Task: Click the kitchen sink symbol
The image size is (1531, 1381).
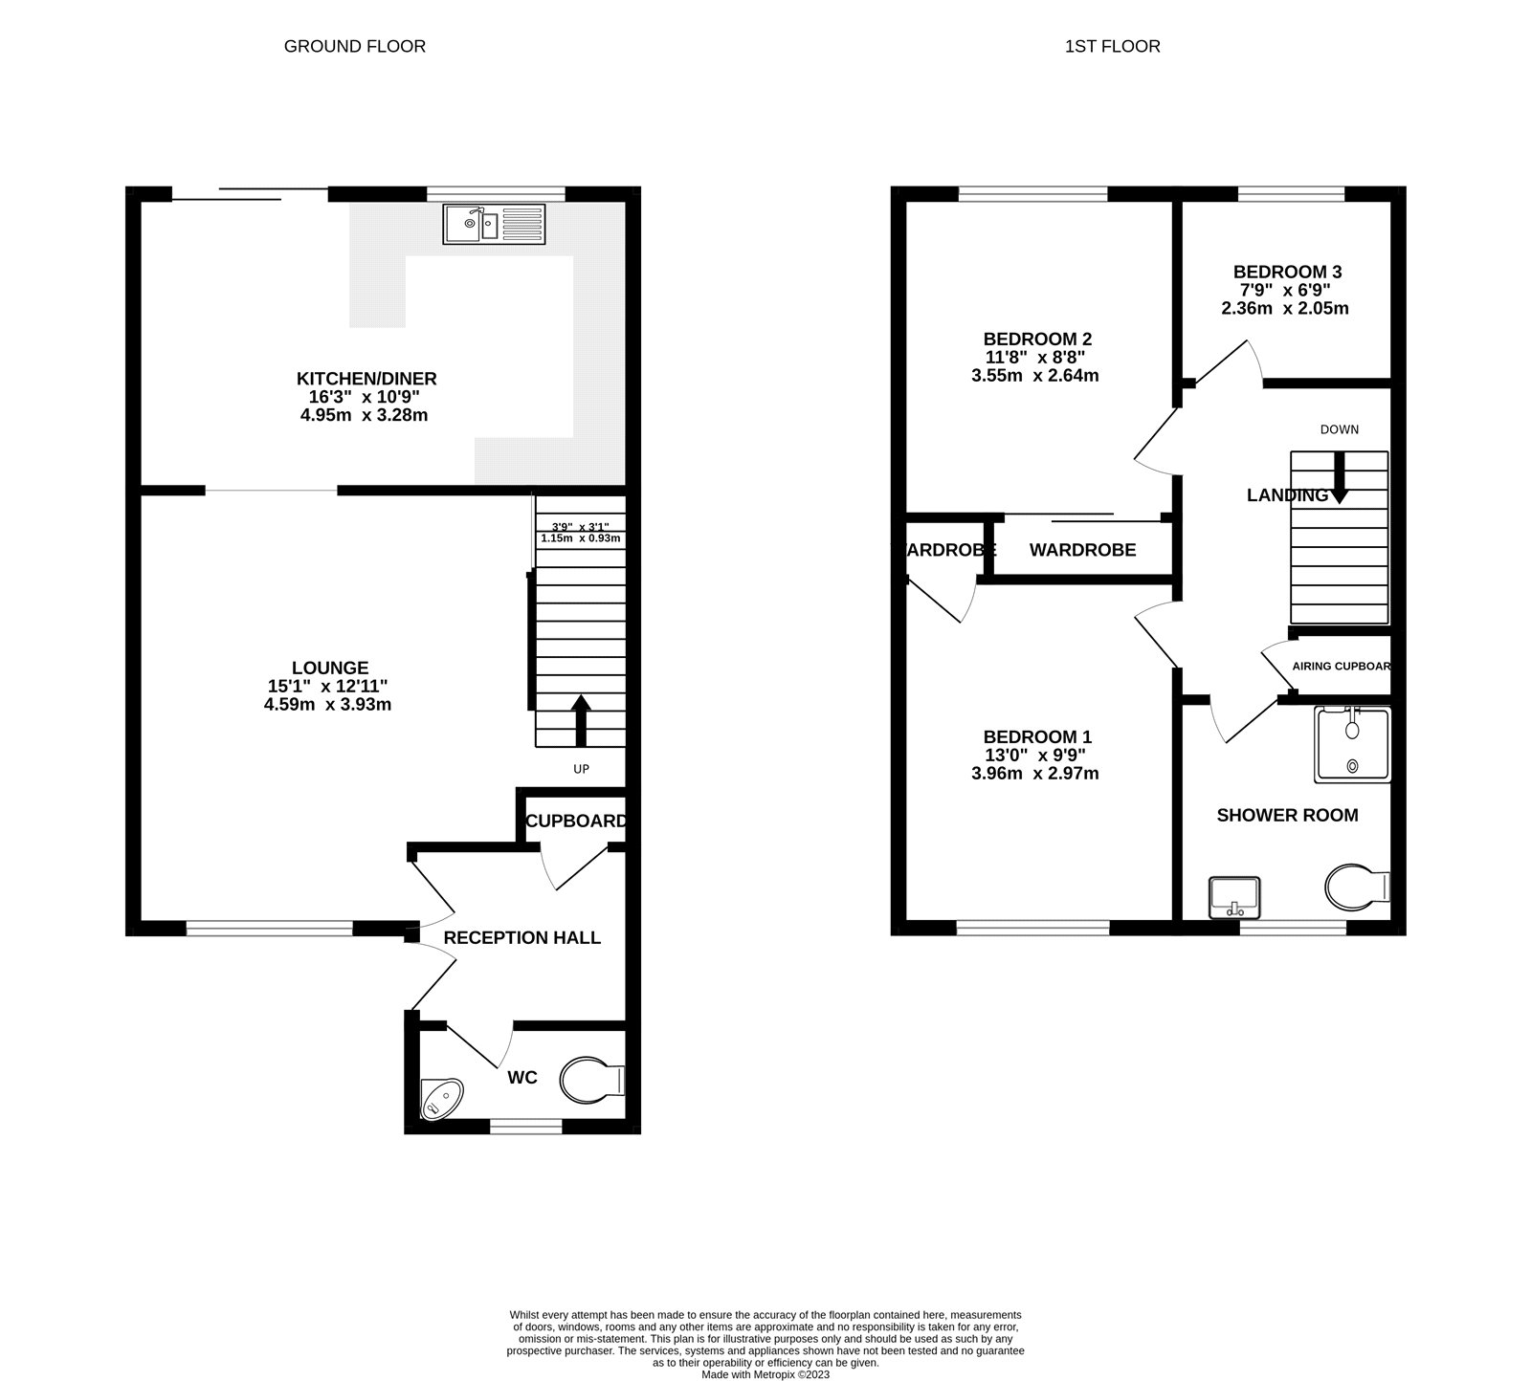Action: point(493,224)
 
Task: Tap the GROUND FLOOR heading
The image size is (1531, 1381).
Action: point(355,46)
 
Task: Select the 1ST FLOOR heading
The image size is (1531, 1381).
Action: point(1112,46)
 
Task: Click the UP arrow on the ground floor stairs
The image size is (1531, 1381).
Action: point(581,720)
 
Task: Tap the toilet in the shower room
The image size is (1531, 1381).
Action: point(1356,887)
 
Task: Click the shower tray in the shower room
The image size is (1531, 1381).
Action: point(1351,743)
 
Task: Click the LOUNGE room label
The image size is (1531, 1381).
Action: point(330,668)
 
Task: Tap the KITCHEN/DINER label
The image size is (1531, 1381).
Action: point(366,379)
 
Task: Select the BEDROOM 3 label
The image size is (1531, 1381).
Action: point(1286,272)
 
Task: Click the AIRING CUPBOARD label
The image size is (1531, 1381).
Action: point(1341,666)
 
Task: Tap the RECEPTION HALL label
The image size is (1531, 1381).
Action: point(521,937)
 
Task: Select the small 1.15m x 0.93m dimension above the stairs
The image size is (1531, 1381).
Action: point(580,538)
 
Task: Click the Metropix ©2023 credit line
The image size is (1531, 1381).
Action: point(765,1374)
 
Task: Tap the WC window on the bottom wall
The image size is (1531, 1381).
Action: point(525,1128)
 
